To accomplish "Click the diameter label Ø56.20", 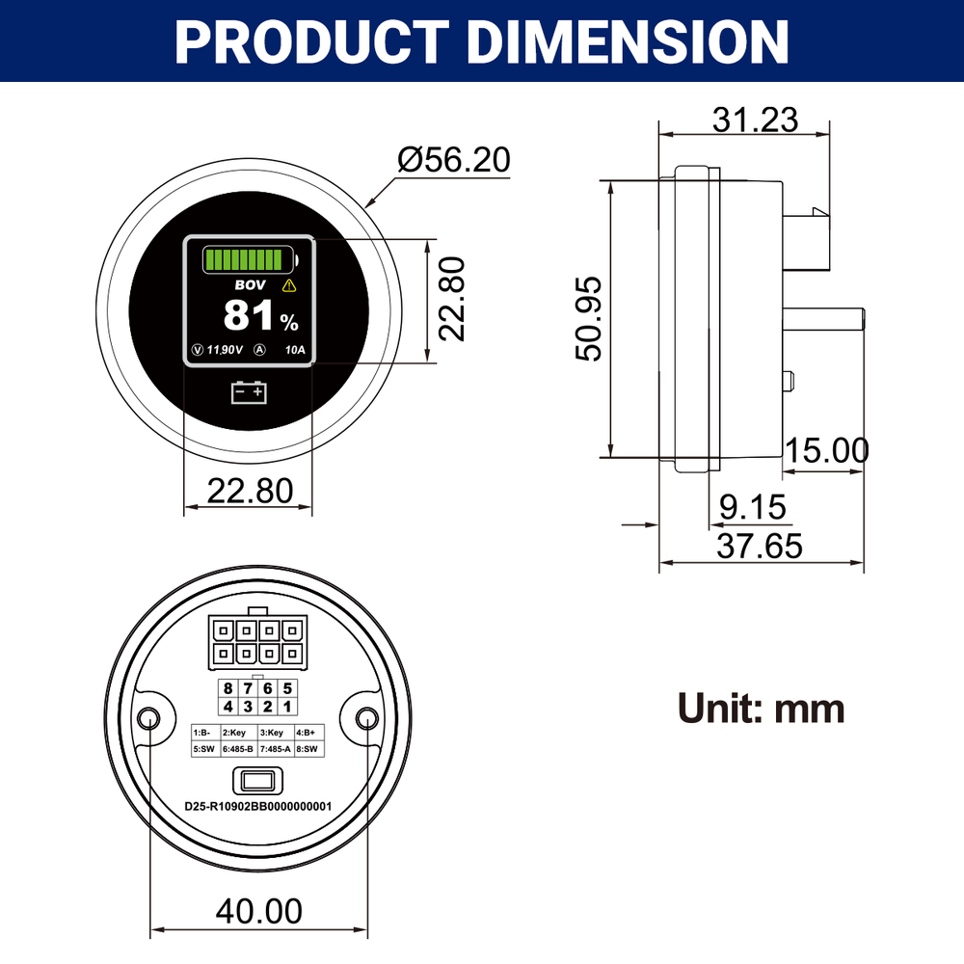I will point(454,160).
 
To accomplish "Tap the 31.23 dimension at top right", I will point(756,120).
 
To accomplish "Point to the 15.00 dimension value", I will point(826,450).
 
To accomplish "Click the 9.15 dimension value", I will point(753,507).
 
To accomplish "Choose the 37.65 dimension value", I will point(760,547).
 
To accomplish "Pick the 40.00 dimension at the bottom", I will point(259,910).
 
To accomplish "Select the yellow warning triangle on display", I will point(289,285).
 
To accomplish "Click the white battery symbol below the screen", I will point(250,392).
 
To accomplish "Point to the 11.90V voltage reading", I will point(226,350).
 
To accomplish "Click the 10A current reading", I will point(295,350).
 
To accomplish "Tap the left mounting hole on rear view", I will point(150,718).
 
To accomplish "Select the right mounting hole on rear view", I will point(367,718).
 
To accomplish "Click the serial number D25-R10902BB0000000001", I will point(258,806).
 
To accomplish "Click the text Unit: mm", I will point(762,709).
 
